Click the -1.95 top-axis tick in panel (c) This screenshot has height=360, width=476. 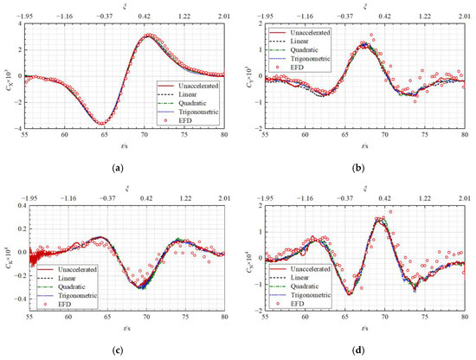[x=26, y=197]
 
